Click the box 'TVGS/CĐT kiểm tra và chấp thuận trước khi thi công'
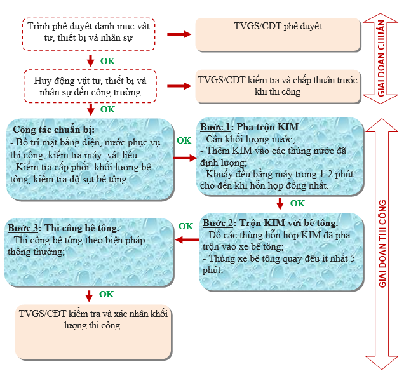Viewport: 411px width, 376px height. tap(277, 87)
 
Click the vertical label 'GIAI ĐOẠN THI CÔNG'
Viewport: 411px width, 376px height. tap(383, 244)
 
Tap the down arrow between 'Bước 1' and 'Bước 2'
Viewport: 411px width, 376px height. tap(280, 203)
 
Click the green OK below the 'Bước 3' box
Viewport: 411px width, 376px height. tap(106, 294)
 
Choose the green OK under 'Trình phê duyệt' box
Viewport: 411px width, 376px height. tap(107, 61)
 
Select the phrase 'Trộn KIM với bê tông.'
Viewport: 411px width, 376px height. tap(290, 224)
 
